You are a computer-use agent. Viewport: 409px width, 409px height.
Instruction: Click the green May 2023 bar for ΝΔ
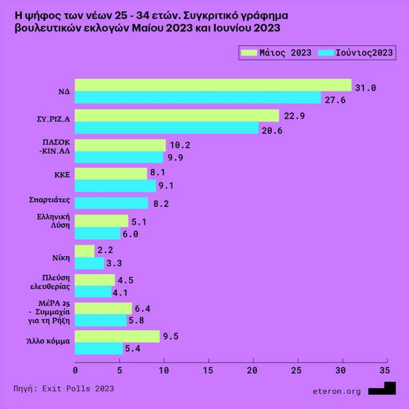[213, 85]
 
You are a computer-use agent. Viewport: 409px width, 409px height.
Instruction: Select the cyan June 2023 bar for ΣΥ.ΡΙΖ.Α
[167, 128]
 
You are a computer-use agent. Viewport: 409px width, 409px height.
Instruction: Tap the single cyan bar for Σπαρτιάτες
[112, 203]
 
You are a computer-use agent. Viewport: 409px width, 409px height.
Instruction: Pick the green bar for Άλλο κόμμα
[117, 336]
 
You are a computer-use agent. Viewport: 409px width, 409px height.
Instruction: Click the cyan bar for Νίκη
[89, 263]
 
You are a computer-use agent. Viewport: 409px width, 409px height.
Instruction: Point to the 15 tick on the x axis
[208, 370]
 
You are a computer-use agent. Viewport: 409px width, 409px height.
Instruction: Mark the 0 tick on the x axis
[75, 370]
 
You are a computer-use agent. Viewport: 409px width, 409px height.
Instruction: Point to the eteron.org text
[337, 391]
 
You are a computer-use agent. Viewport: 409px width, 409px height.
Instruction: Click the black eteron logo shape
[383, 389]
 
